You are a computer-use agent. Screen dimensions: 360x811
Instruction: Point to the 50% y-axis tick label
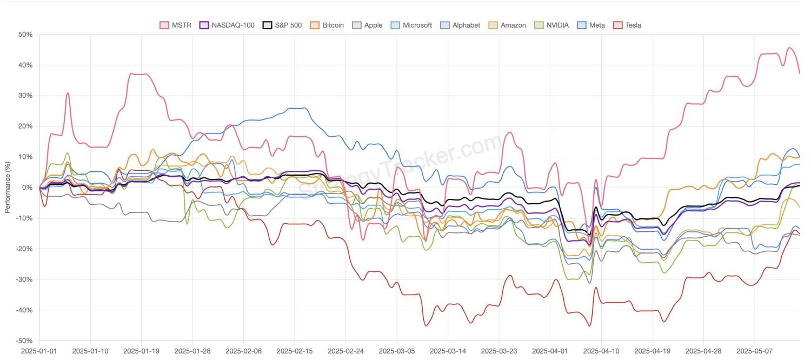25,34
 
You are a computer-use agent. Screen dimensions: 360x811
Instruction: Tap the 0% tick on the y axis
27,188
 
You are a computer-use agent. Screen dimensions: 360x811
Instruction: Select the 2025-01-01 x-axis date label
39,351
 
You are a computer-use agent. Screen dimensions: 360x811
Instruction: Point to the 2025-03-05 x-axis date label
397,351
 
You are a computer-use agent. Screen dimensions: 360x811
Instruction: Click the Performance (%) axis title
8,188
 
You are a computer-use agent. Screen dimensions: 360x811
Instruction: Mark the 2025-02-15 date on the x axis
295,351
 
